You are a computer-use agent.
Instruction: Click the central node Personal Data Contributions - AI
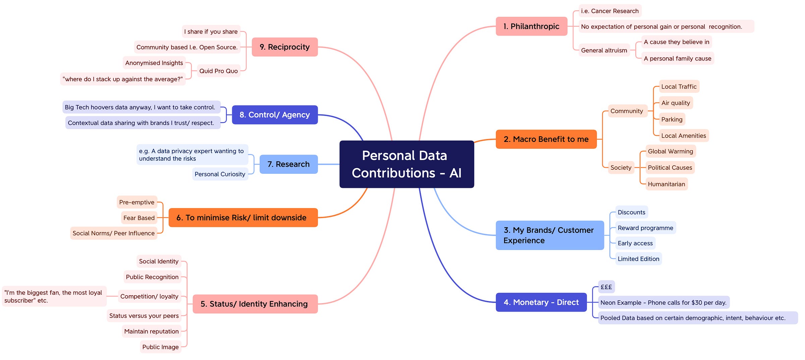407,164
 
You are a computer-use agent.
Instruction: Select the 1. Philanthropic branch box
531,26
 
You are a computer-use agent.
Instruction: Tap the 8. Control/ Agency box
275,115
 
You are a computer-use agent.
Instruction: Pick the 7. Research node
288,164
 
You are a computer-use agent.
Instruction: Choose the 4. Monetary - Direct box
541,302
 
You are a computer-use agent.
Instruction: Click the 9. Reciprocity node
284,47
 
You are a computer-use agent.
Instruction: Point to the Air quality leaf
676,103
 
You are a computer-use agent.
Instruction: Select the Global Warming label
670,151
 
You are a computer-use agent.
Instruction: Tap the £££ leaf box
606,287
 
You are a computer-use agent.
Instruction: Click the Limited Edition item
638,259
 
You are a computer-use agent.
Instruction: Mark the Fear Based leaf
139,218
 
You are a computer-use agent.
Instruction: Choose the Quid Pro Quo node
218,71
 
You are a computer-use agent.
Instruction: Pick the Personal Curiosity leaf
220,174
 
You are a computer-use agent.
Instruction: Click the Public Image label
160,347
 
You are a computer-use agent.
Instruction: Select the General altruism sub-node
604,50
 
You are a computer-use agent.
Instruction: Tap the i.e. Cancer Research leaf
609,11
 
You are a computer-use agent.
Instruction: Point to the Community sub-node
627,111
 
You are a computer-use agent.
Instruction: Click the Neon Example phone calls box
663,302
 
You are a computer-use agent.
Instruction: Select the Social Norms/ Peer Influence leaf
113,233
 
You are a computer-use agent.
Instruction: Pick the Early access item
635,243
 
